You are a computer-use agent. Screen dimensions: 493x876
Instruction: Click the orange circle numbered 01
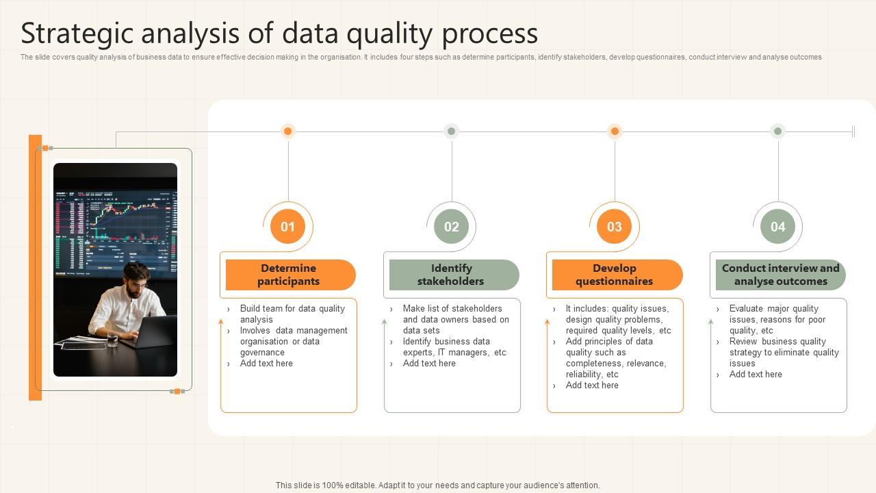pos(287,227)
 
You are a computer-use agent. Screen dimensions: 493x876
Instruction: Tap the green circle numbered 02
pos(451,227)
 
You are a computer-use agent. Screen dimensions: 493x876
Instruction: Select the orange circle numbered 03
pos(614,227)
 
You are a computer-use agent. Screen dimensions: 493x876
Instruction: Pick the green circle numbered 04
pos(777,227)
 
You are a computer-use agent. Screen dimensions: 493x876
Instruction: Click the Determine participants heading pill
pos(289,275)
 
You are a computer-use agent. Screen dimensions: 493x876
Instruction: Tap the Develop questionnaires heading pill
pos(615,275)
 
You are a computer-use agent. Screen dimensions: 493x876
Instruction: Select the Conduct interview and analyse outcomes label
pos(780,275)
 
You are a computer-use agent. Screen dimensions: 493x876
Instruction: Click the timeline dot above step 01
pos(288,131)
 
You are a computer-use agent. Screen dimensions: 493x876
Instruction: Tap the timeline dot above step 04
pos(777,131)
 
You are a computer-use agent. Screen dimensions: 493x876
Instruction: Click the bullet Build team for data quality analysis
pos(292,314)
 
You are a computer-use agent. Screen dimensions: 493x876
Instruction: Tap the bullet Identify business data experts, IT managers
pos(454,346)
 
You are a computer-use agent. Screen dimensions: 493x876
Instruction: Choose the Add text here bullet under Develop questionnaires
pos(592,385)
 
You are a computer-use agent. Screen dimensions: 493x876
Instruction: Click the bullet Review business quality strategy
pos(784,352)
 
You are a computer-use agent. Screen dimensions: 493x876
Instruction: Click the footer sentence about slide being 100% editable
pos(438,485)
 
